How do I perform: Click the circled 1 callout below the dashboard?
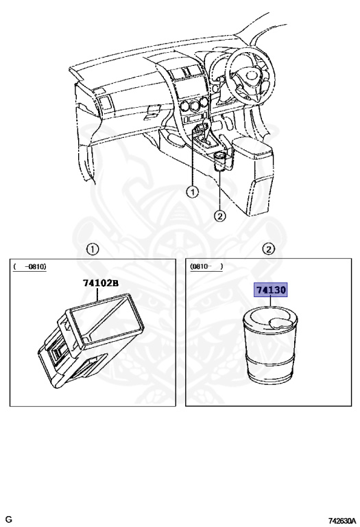click(193, 192)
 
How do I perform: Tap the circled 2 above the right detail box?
click(269, 250)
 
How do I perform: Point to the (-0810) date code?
click(29, 266)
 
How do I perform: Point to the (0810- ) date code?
click(206, 266)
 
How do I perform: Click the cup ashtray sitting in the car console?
click(220, 163)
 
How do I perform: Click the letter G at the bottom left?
click(9, 519)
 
